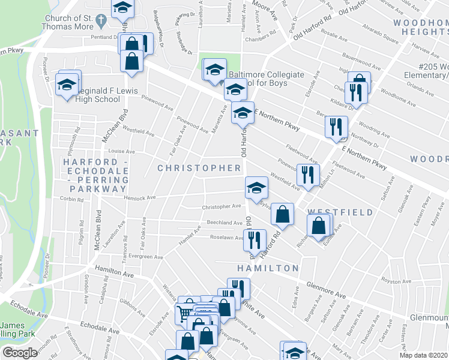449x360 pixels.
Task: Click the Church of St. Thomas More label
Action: tap(67, 22)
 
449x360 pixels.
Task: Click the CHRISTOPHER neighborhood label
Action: tap(199, 168)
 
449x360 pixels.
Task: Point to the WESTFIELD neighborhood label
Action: tap(340, 212)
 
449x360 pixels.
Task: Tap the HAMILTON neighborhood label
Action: tap(268, 268)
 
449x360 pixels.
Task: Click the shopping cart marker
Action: tap(185, 313)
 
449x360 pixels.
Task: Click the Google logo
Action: tap(20, 353)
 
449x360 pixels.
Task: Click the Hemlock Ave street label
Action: tap(140, 197)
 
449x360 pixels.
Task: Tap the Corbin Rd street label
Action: tap(71, 198)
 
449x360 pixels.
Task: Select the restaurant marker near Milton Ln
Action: tap(308, 174)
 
